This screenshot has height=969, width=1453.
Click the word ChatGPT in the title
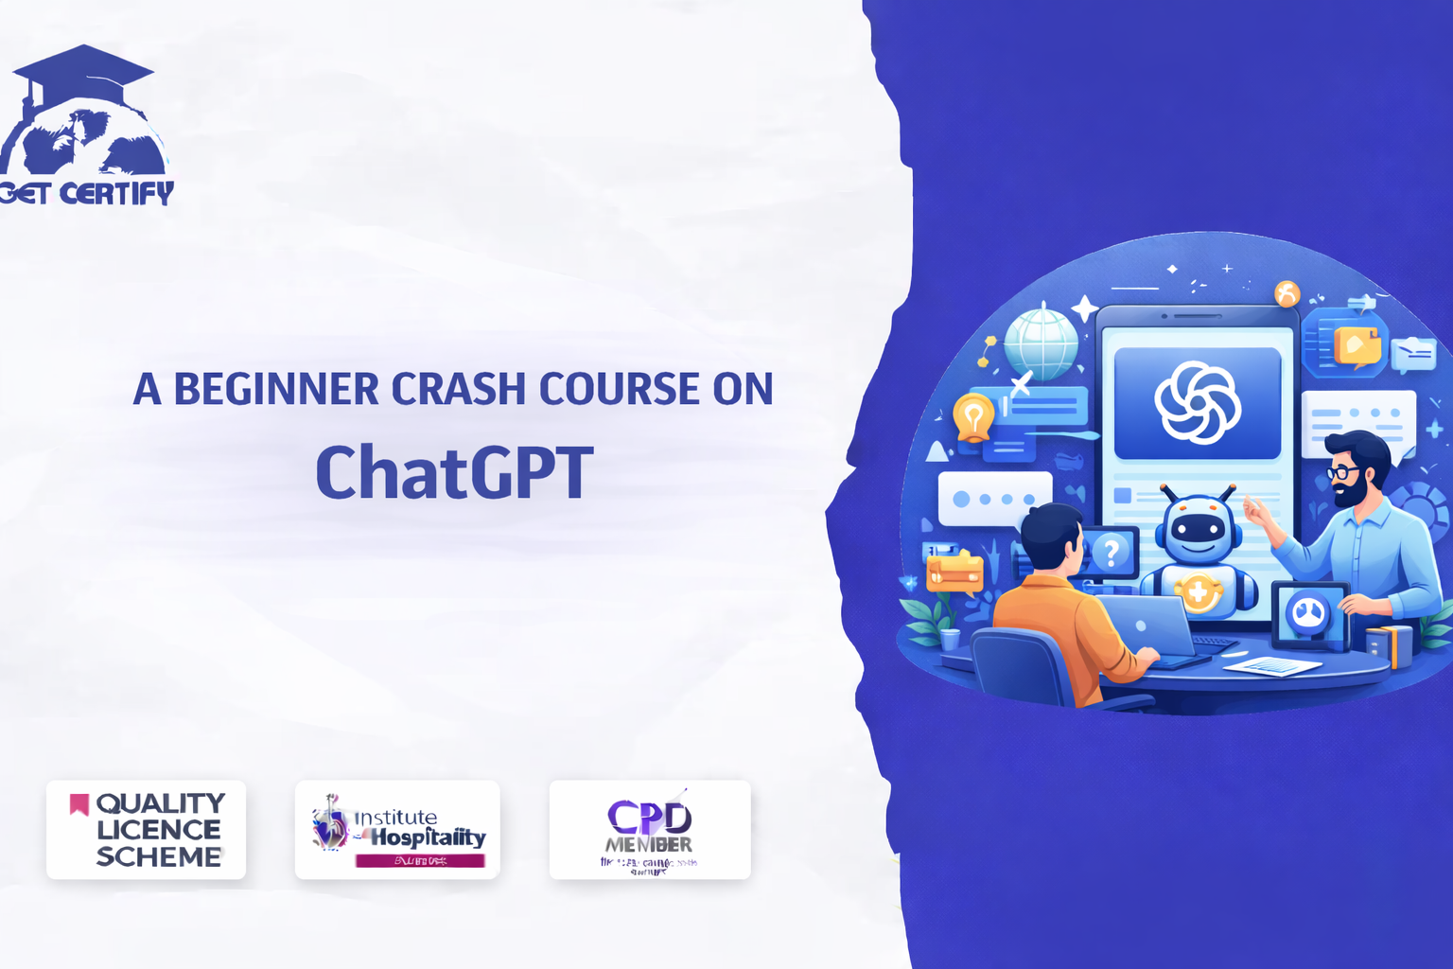coord(454,472)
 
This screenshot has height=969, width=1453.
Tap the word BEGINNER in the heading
coord(275,389)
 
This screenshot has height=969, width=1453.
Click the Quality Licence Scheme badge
coord(146,830)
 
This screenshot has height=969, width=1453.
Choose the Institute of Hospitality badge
coord(397,830)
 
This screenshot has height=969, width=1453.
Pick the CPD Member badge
coord(650,830)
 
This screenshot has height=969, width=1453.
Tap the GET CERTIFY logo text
coord(87,193)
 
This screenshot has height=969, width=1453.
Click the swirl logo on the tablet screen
coord(1198,402)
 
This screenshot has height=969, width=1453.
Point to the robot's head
coord(1199,530)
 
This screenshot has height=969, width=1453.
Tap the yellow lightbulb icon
coord(973,415)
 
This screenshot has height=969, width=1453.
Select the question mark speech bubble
coord(1112,552)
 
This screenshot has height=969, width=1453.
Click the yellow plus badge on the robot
coord(1198,593)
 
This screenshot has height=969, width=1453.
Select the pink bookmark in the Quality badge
coord(79,804)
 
